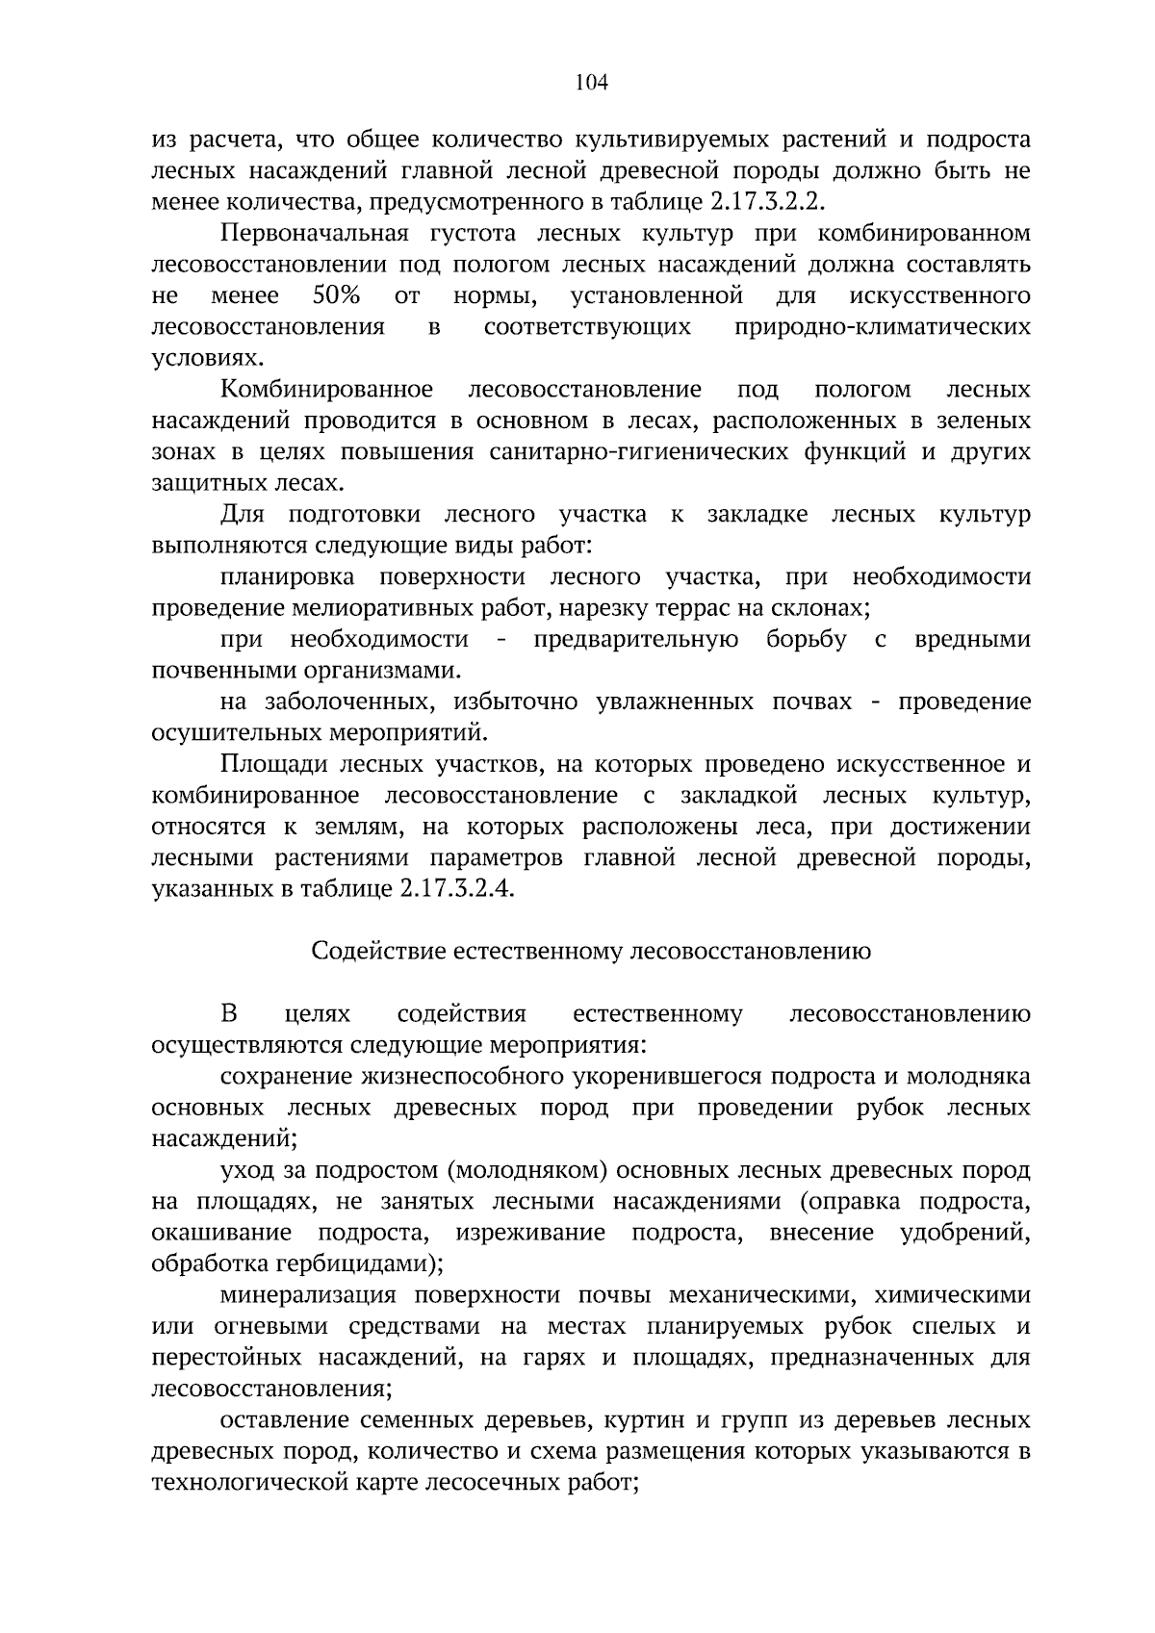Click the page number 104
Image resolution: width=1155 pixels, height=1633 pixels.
point(591,84)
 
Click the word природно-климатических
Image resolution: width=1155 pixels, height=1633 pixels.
point(882,326)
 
